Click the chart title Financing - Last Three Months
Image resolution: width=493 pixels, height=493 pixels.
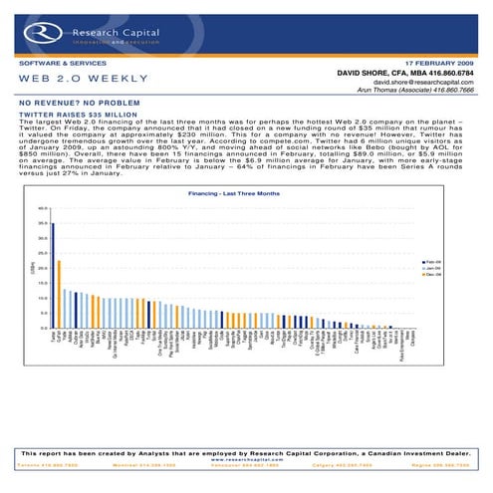pyautogui.click(x=234, y=193)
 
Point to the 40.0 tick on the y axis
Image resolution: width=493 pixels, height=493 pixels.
pyautogui.click(x=43, y=208)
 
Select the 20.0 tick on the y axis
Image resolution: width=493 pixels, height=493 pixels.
pyautogui.click(x=43, y=268)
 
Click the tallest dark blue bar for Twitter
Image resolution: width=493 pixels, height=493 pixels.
pyautogui.click(x=53, y=274)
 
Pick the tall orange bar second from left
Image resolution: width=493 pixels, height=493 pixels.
pyautogui.click(x=60, y=293)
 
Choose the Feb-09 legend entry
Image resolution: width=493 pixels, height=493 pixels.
pyautogui.click(x=432, y=262)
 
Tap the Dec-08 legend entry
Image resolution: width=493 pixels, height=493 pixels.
pyautogui.click(x=432, y=274)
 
